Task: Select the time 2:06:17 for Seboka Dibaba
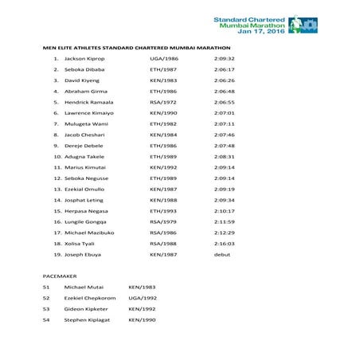pos(224,70)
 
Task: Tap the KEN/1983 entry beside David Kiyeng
pos(163,80)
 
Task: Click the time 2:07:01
pos(224,114)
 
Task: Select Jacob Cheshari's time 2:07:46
pos(224,135)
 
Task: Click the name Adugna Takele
pos(84,157)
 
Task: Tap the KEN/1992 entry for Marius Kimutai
pos(163,168)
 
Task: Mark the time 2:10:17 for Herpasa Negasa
pos(224,211)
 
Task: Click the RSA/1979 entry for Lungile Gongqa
pos(163,221)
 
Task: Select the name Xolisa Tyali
pos(80,244)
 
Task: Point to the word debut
pos(221,254)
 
